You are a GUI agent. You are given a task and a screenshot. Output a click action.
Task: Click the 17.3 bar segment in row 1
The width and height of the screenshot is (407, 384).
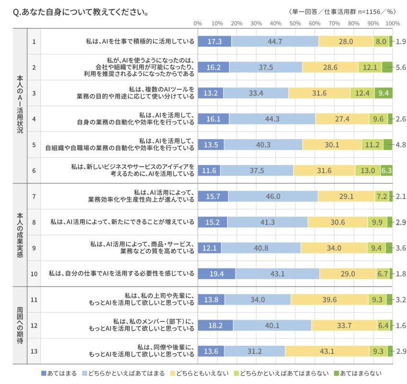[x=215, y=41]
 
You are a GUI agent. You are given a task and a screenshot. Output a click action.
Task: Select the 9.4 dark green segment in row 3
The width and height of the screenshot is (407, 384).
[x=383, y=93]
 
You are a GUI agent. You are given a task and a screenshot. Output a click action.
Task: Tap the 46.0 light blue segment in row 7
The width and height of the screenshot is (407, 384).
[x=273, y=196]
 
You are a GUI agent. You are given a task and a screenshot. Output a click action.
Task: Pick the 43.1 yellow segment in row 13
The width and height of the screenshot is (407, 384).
[x=326, y=351]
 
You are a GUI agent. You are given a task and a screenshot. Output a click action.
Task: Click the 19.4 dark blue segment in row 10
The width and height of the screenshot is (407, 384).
[x=216, y=274]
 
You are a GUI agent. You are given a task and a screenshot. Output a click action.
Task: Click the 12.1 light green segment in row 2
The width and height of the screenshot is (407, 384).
[x=370, y=67]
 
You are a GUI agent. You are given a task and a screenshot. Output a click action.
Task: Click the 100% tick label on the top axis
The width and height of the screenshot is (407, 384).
[x=392, y=23]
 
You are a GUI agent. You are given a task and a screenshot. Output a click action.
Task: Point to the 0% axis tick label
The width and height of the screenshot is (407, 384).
[x=198, y=23]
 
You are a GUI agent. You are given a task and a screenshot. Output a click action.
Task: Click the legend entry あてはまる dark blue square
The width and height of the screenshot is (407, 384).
[x=44, y=373]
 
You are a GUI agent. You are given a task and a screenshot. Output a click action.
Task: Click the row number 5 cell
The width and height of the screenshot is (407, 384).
[x=34, y=144]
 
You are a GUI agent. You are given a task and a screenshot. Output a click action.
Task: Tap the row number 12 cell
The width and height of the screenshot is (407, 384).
[x=34, y=325]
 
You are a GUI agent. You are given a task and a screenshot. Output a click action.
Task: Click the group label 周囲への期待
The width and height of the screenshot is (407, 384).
[x=20, y=325]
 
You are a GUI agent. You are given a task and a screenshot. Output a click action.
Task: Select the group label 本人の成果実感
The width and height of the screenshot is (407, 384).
[x=20, y=235]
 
